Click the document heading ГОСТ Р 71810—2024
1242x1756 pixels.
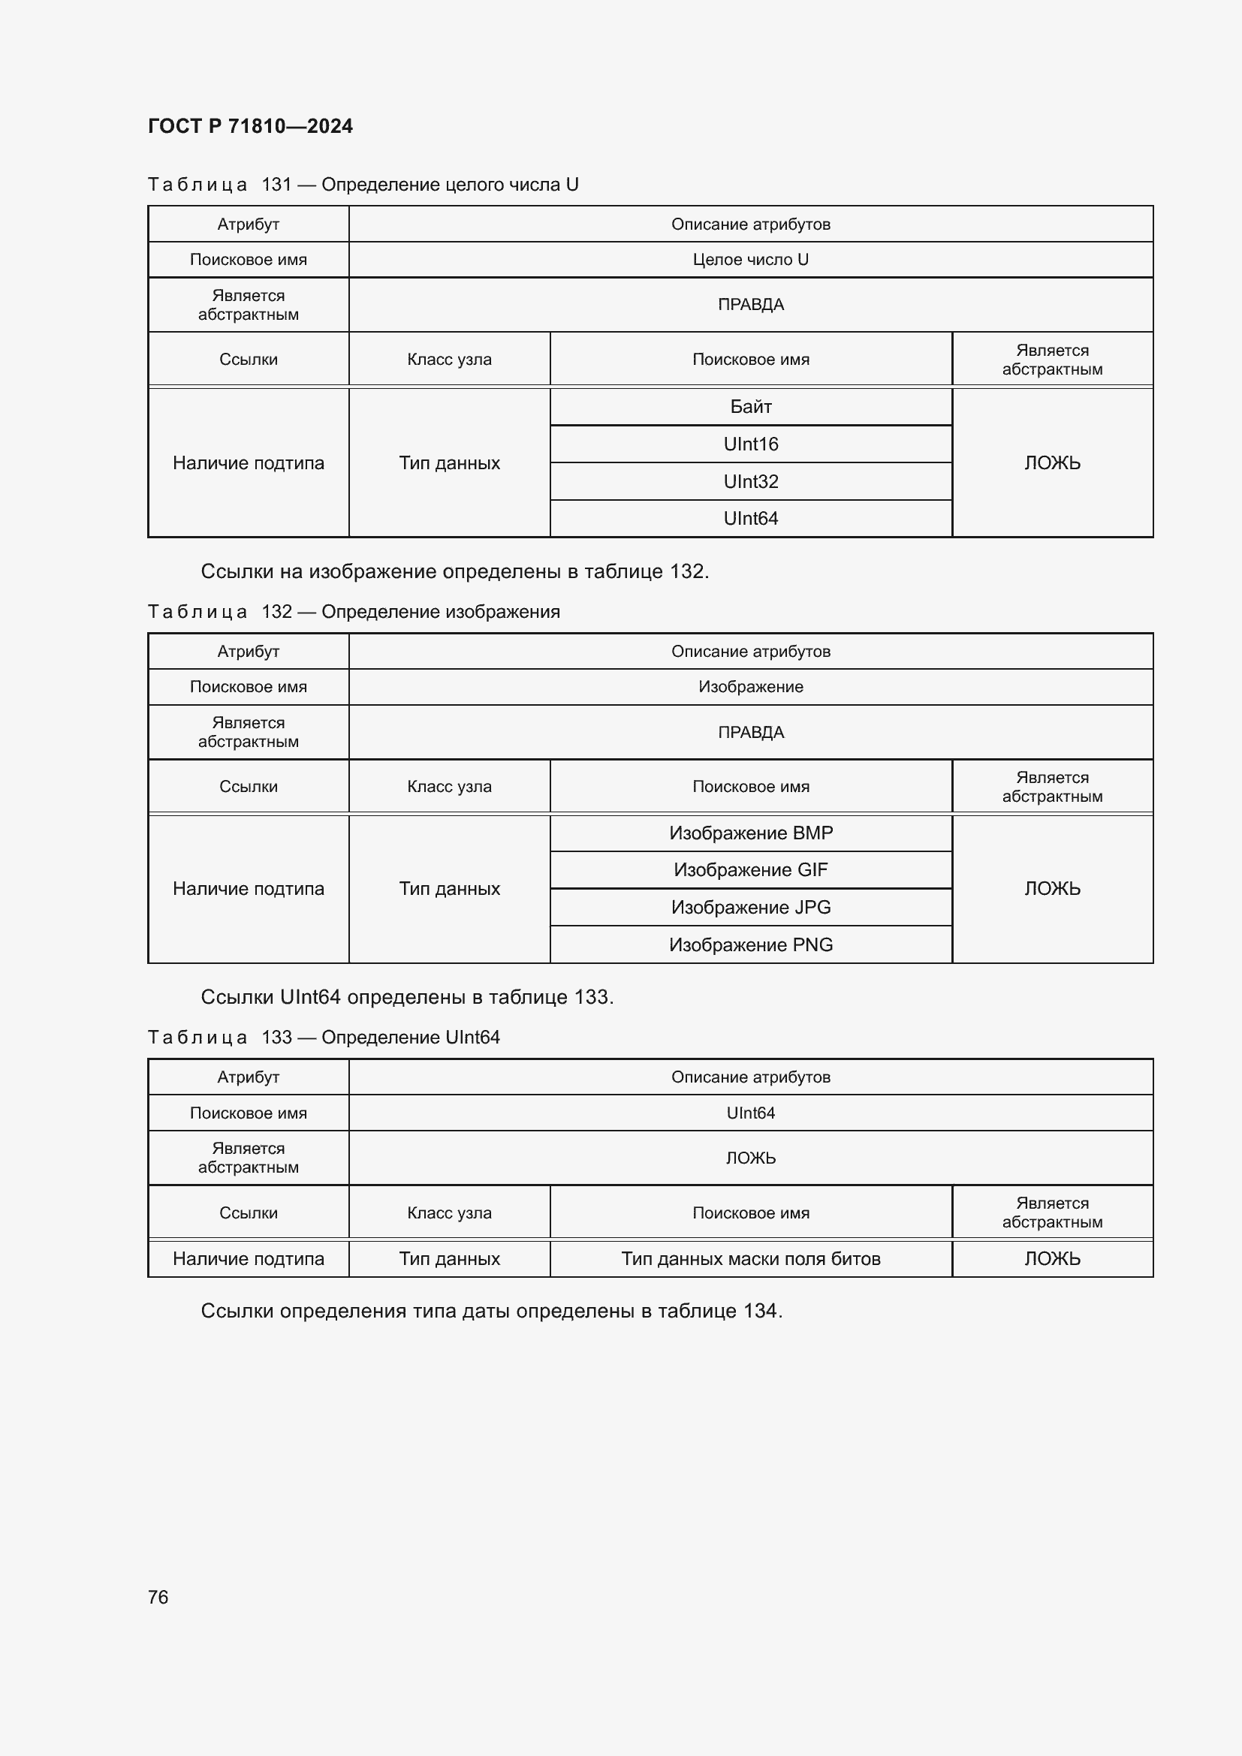[250, 126]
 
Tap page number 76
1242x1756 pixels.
[158, 1597]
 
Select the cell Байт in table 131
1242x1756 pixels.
[750, 407]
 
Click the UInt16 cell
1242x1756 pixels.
[750, 444]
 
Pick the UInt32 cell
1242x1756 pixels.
[750, 482]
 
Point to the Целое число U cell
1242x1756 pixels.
[750, 260]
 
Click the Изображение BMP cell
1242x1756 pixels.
[750, 833]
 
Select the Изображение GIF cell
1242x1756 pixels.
[750, 870]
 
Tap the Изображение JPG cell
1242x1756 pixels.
[750, 908]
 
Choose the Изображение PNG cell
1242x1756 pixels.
[750, 945]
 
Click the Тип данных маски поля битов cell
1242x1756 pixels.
[750, 1259]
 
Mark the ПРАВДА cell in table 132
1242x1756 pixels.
[750, 733]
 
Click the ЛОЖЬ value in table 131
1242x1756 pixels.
[1052, 463]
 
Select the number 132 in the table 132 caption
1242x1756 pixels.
[276, 612]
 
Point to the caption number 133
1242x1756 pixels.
[276, 1038]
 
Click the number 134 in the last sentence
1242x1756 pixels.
[760, 1311]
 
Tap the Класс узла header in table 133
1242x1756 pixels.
[449, 1213]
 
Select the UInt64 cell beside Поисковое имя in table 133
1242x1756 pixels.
[750, 1113]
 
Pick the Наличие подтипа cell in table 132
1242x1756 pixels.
[248, 889]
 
